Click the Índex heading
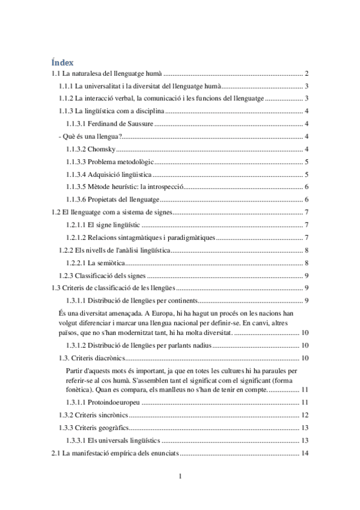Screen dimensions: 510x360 pos(63,61)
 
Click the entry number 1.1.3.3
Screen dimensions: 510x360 pos(76,162)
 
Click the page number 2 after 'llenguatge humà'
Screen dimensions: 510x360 pos(307,73)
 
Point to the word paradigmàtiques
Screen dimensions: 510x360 pos(186,238)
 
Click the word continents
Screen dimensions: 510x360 pos(179,301)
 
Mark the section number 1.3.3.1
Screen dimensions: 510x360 pos(78,441)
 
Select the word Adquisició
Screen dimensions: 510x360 pos(105,174)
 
